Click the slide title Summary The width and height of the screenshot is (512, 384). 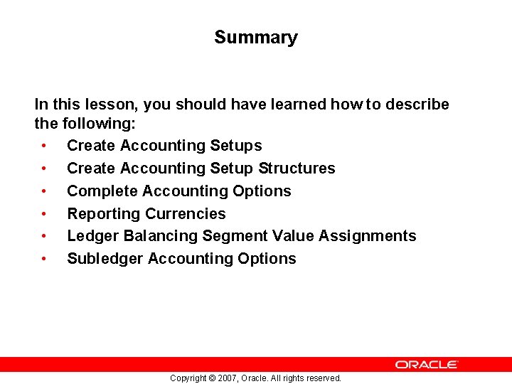255,38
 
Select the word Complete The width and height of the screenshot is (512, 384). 102,191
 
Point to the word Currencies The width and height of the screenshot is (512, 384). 186,214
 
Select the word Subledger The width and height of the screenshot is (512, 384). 105,259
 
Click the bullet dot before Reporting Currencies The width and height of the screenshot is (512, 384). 44,214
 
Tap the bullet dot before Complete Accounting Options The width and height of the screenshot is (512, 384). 44,191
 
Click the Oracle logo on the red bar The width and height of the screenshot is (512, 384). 427,364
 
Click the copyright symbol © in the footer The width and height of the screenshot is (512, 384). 211,378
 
